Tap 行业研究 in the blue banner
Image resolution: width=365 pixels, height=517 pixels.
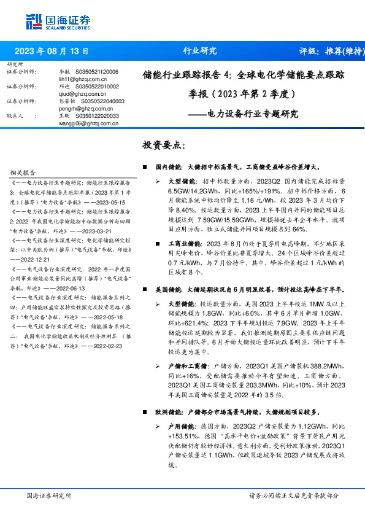click(x=201, y=51)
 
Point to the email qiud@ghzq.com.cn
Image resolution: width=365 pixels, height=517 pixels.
click(x=70, y=94)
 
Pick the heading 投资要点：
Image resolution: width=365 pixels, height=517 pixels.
click(x=164, y=146)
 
